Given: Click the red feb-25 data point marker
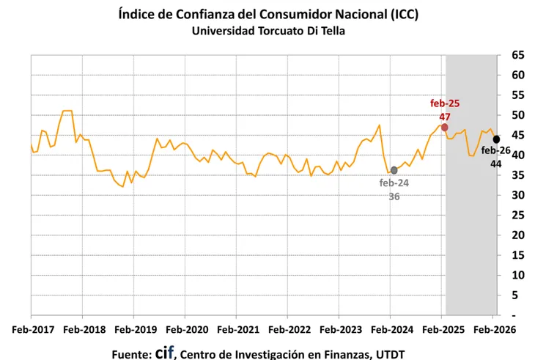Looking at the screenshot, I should point(445,127).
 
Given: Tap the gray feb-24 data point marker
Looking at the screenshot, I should point(394,170).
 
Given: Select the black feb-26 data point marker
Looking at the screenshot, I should point(496,139).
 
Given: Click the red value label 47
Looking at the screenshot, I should point(445,117).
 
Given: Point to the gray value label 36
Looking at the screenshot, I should point(394,196).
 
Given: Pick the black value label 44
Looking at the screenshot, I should point(496,164).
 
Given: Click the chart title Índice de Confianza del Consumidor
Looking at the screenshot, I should point(268,15).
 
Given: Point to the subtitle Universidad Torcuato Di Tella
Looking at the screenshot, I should point(268,31).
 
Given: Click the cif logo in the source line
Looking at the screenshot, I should point(164,352).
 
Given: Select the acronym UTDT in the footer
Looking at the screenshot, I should point(385,354).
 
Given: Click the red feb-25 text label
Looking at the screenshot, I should point(445,103).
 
